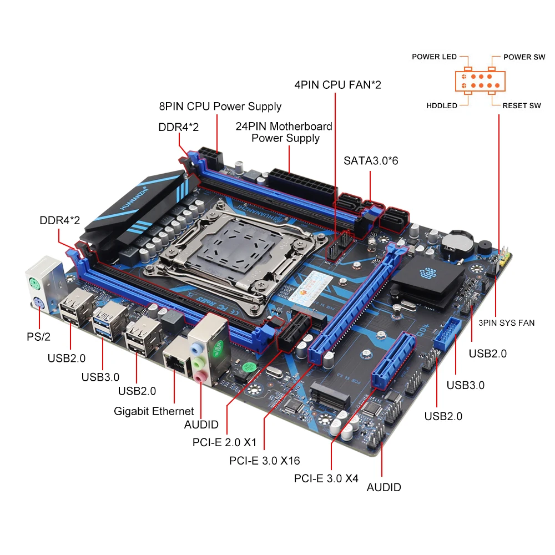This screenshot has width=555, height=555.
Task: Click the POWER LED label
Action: [434, 57]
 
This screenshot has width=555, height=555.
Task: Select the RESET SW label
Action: [521, 105]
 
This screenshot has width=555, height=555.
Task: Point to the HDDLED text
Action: [442, 105]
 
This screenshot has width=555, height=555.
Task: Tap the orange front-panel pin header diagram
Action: [481, 81]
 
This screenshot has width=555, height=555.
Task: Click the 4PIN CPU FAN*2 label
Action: [337, 85]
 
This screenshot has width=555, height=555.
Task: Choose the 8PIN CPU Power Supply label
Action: [220, 106]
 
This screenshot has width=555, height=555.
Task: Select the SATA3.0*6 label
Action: [371, 161]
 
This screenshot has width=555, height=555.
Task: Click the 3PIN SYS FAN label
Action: [507, 322]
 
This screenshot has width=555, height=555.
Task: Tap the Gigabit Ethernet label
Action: [154, 411]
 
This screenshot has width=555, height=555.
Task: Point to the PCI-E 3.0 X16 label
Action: [264, 461]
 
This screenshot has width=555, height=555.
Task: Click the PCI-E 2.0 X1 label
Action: [224, 442]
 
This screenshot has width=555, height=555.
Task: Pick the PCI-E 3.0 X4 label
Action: [326, 478]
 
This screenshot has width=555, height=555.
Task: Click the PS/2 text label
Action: [38, 337]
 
